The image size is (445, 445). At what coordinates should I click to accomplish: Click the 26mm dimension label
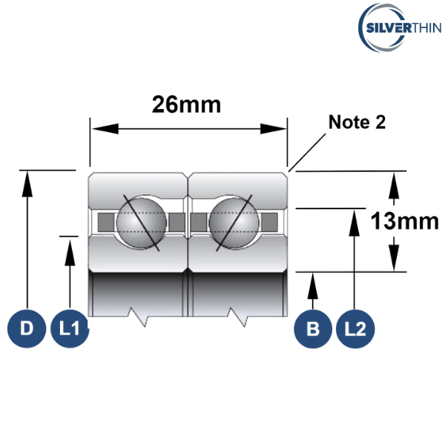[186, 105]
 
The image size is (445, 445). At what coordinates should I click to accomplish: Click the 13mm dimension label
[403, 220]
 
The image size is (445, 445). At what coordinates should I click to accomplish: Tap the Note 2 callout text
[357, 122]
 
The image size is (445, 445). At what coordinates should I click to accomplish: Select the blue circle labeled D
[26, 327]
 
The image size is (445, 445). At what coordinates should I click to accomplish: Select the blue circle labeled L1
[70, 327]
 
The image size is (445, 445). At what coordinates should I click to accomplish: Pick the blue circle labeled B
[313, 327]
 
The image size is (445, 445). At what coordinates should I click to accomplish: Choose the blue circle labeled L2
[356, 327]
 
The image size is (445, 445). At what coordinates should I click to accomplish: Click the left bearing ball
[141, 222]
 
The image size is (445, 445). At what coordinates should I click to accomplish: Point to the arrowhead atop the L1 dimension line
[70, 245]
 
